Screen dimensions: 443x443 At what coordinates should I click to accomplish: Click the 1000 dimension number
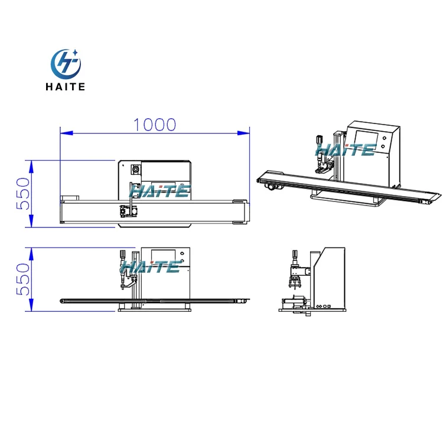[155, 125]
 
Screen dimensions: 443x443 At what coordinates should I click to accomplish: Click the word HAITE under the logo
[66, 87]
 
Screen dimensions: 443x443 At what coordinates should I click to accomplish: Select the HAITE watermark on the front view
[151, 267]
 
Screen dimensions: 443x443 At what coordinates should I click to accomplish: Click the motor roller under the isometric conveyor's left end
[272, 187]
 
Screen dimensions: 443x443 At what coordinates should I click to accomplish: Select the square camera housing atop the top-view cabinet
[135, 170]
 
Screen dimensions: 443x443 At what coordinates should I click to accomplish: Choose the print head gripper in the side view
[294, 278]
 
